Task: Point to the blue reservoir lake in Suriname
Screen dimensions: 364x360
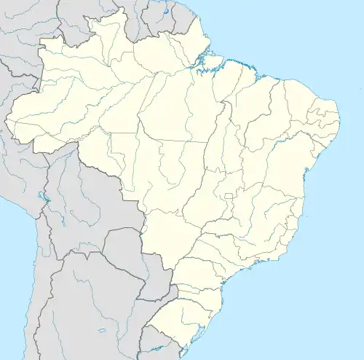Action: pyautogui.click(x=166, y=12)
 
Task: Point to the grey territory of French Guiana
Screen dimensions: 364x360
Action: pyautogui.click(x=175, y=22)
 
